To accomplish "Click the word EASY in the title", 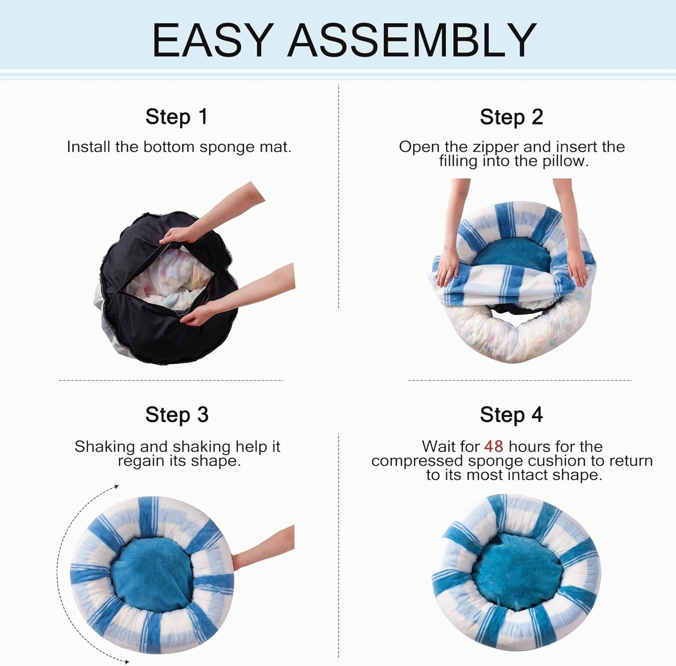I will pos(213,40).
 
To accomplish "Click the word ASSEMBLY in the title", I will pos(412,40).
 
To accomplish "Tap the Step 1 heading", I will pos(176,117).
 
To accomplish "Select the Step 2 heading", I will pos(511,117).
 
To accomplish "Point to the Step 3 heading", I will pos(176,415).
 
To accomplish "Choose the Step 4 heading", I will pos(511,415).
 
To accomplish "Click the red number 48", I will pos(494,446).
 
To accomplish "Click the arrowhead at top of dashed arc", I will pos(116,487).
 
